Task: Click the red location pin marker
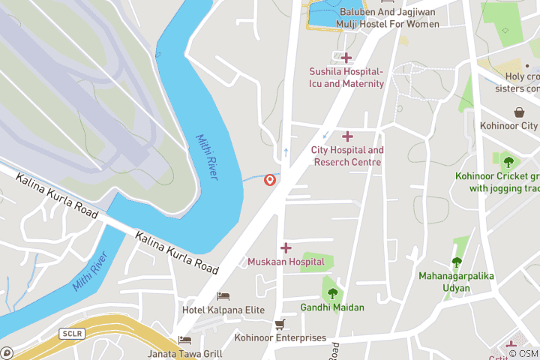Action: (x=270, y=180)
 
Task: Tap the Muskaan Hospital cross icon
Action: (x=286, y=247)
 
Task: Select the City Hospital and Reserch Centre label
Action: (x=347, y=156)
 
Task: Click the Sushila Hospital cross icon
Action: (x=346, y=58)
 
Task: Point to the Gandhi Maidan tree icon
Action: (x=332, y=293)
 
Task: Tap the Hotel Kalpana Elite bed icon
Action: (x=223, y=296)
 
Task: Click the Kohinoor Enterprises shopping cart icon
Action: (x=280, y=324)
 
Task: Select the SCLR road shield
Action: (x=73, y=333)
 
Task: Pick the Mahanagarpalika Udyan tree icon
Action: (x=456, y=262)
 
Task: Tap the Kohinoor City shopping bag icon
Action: (x=519, y=112)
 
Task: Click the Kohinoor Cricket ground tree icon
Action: (x=508, y=161)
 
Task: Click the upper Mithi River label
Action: (x=207, y=157)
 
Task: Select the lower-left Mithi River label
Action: (x=91, y=273)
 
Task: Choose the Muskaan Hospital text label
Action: (x=286, y=262)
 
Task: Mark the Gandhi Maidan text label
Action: (x=332, y=307)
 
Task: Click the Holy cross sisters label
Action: (x=521, y=82)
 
